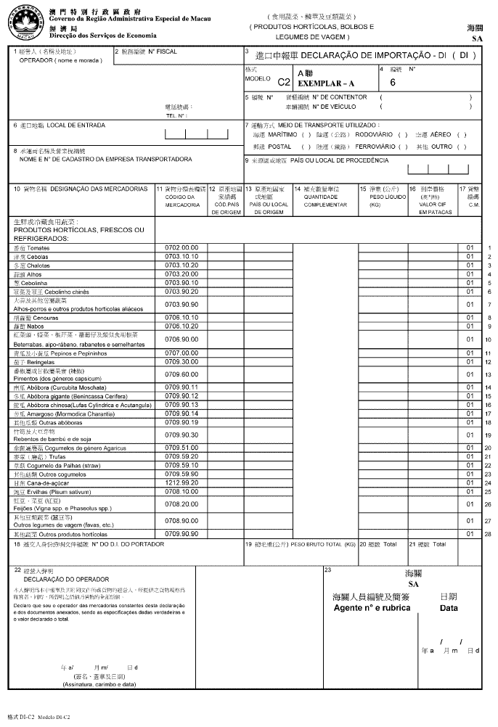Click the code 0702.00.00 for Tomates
point(181,248)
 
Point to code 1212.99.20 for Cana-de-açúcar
point(181,482)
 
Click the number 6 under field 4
point(393,83)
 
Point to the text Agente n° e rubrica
point(371,607)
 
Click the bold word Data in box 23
point(449,608)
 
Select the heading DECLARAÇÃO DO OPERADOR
point(66,580)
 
